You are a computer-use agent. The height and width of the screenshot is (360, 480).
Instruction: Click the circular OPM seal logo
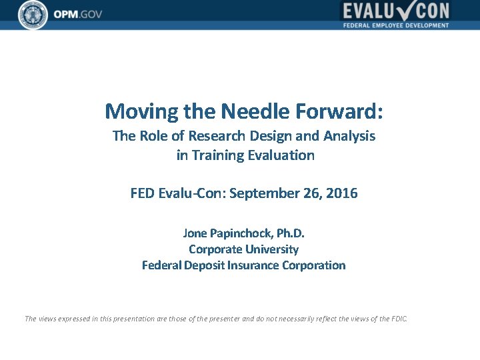tap(33, 14)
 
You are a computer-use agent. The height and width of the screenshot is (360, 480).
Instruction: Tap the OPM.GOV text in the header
tap(78, 15)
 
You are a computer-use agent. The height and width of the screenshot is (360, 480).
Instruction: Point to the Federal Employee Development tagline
tap(396, 25)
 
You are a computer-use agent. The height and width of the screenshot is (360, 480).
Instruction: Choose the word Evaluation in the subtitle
tap(281, 155)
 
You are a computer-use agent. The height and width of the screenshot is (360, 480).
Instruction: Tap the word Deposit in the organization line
tap(203, 265)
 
